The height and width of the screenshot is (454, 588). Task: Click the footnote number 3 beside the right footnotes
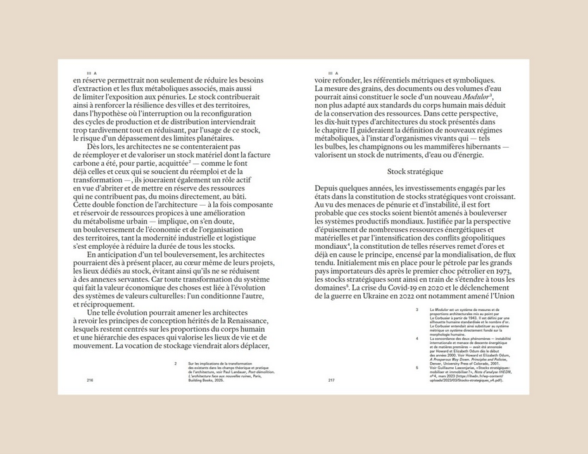click(x=417, y=310)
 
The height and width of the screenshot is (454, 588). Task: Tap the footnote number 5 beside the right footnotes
click(x=417, y=367)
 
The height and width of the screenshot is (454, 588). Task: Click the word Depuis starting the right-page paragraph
click(x=329, y=188)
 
